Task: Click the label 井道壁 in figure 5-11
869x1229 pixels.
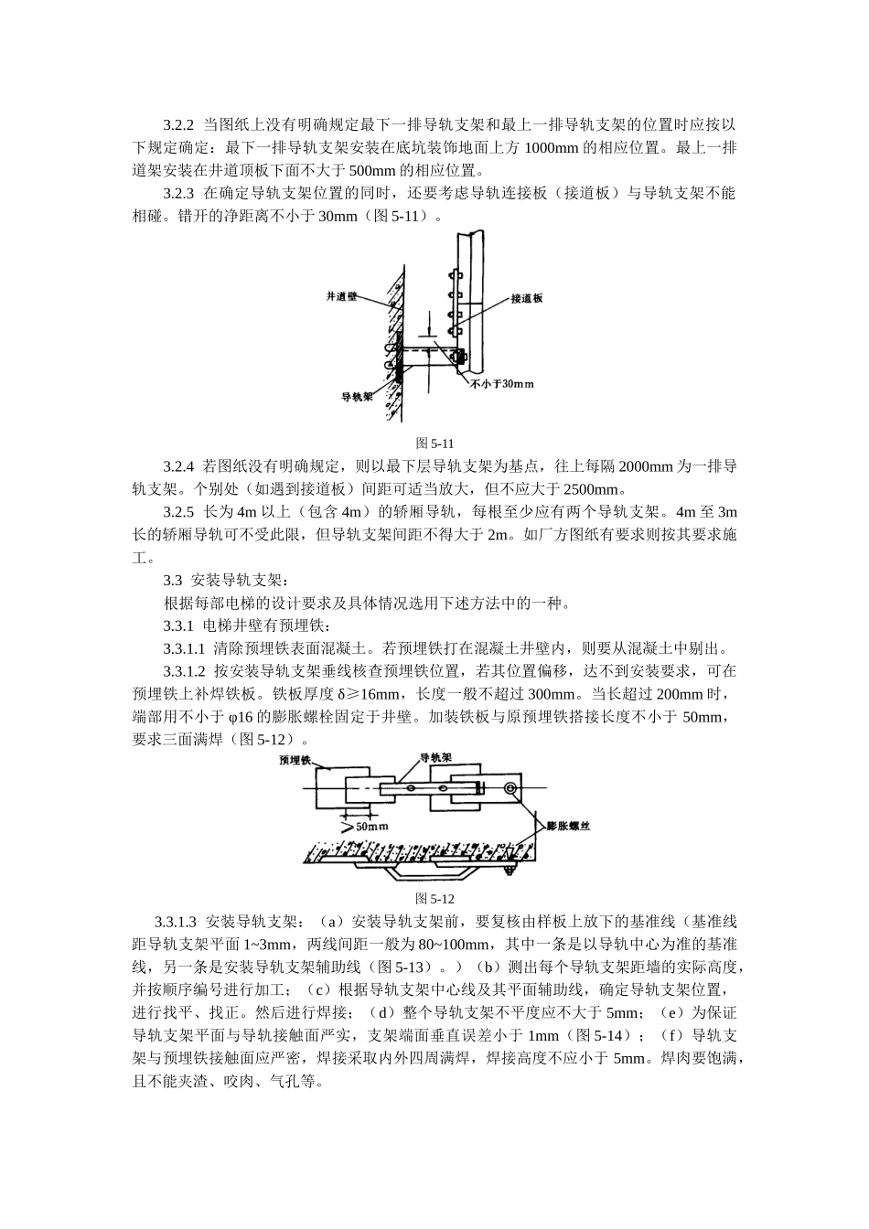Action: [x=341, y=297]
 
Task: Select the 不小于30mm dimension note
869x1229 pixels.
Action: [x=501, y=384]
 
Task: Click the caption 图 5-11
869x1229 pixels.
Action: [x=435, y=444]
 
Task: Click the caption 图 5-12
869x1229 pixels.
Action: [x=435, y=899]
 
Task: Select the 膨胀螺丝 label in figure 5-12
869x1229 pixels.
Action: [x=569, y=826]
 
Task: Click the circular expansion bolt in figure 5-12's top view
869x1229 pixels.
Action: [x=509, y=787]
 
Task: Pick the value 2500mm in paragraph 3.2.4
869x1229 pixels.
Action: [x=590, y=489]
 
